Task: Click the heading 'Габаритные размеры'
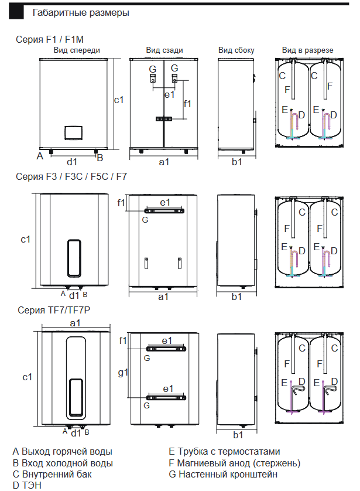click(81, 12)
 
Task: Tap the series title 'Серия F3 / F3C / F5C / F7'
click(71, 176)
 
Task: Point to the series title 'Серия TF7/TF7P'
click(52, 310)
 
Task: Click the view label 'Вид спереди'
click(77, 50)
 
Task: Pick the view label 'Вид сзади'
click(164, 50)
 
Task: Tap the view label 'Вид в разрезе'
click(307, 50)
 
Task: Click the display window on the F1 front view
click(73, 132)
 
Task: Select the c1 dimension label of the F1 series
click(119, 100)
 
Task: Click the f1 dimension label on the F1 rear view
click(187, 104)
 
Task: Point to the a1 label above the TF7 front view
click(75, 323)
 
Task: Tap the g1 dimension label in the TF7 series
click(123, 373)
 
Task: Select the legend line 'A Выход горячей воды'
click(63, 451)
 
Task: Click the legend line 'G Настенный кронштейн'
click(222, 474)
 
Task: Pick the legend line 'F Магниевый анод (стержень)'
click(234, 463)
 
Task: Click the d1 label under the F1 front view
click(73, 161)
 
